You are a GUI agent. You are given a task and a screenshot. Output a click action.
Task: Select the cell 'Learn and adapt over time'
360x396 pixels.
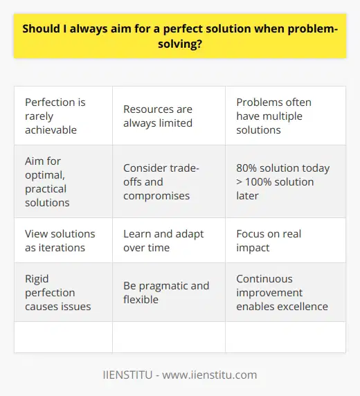[168, 240]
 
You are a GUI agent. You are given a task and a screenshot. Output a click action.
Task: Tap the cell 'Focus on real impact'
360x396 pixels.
[286, 240]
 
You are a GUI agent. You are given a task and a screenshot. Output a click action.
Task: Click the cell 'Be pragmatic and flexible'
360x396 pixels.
[168, 293]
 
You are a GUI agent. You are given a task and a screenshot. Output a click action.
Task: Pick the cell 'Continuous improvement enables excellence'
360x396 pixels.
[286, 293]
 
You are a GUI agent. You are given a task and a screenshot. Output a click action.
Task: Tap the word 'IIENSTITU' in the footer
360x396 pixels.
[130, 375]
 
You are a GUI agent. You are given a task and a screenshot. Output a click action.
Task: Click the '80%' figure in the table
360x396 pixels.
[248, 168]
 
